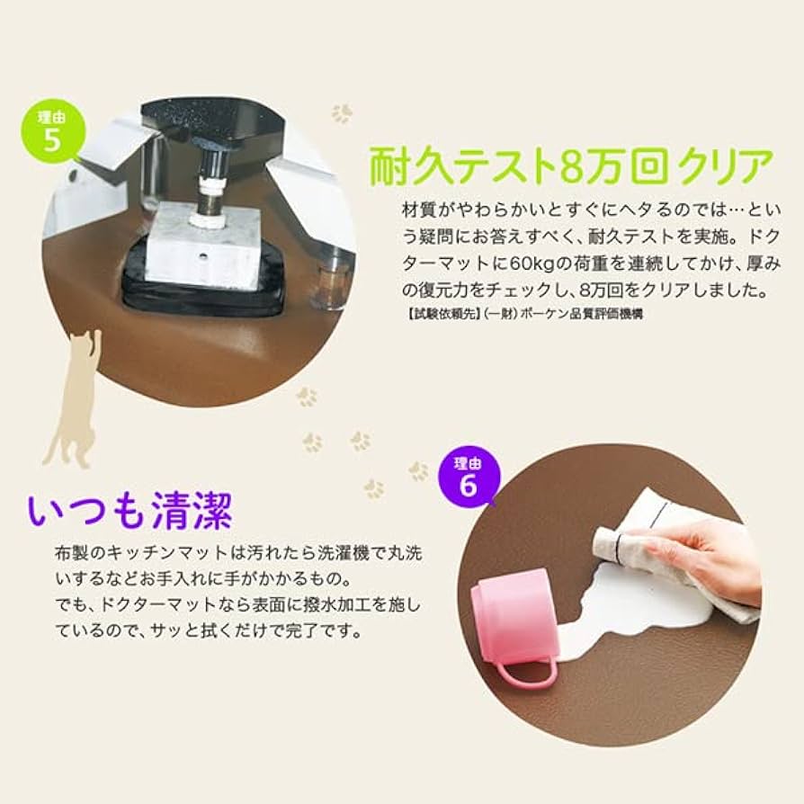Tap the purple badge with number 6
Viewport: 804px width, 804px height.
(x=468, y=477)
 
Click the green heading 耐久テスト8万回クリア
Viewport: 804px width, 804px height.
(x=571, y=168)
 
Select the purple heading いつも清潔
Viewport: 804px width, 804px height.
(x=130, y=511)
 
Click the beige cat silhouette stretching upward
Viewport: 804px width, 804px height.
(x=76, y=405)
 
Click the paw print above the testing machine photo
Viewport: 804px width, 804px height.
(x=342, y=114)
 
